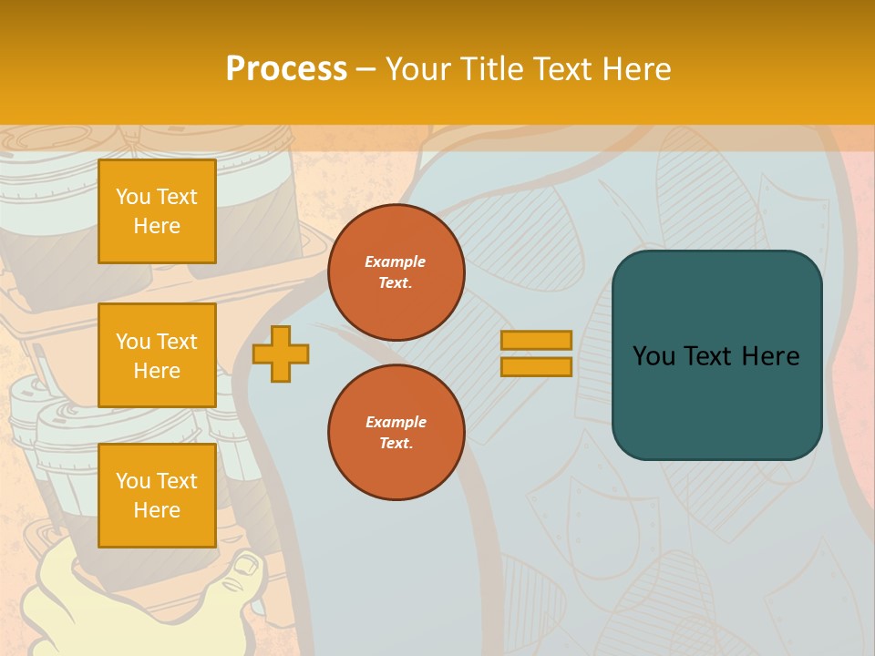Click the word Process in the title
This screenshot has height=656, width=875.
point(286,69)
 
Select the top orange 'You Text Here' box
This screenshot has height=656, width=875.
point(157,211)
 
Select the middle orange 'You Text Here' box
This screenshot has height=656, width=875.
point(157,355)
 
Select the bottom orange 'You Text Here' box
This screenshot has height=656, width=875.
point(157,496)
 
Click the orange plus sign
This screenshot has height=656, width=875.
point(281,354)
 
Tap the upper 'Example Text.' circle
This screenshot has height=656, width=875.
point(396,272)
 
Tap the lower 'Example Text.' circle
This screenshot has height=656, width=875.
point(396,433)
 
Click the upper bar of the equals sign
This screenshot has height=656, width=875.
point(536,340)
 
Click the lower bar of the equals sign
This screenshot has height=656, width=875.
point(536,366)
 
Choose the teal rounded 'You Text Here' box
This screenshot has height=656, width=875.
point(716,355)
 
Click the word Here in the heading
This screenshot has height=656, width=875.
point(638,69)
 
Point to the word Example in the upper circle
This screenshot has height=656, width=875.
point(396,261)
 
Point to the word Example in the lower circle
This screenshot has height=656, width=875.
point(396,422)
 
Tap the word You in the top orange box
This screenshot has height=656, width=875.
point(133,197)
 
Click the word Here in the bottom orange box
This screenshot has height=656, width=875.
point(157,510)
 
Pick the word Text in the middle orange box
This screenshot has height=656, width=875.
point(176,342)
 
